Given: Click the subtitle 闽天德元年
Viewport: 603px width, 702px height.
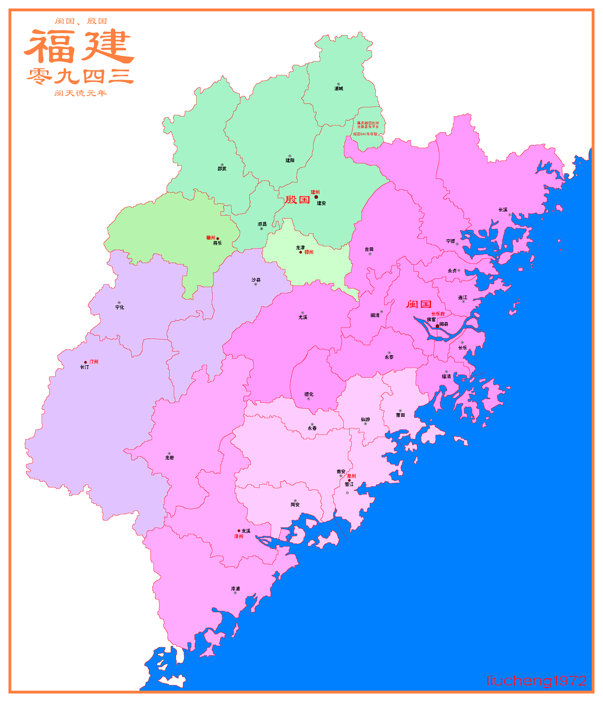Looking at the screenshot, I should pos(80,93).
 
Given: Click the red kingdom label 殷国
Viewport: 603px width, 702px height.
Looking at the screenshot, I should pos(297,200).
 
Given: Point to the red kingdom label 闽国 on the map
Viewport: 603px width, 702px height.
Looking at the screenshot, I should pos(418,304).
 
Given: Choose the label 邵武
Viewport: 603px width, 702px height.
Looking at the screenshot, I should pos(222,169).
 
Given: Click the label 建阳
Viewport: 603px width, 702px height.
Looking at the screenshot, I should pos(290,160).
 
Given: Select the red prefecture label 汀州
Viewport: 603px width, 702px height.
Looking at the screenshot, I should pos(94,362).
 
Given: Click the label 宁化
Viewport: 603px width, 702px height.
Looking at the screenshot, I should pos(119,307).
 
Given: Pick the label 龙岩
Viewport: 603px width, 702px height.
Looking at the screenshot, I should pos(169,458).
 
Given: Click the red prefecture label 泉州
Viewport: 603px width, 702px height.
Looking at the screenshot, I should pos(351,476).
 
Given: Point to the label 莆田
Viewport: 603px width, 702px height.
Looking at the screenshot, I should pos(400,415).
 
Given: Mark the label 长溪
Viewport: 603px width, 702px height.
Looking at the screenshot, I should pos(503,210).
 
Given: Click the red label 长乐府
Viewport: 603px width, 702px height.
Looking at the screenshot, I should pos(438,314).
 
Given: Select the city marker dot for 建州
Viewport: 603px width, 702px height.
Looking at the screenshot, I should pos(316,197).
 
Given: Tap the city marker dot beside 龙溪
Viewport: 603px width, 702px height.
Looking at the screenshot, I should pos(239,531).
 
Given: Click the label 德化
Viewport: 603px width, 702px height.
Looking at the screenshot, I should pos(309,394).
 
